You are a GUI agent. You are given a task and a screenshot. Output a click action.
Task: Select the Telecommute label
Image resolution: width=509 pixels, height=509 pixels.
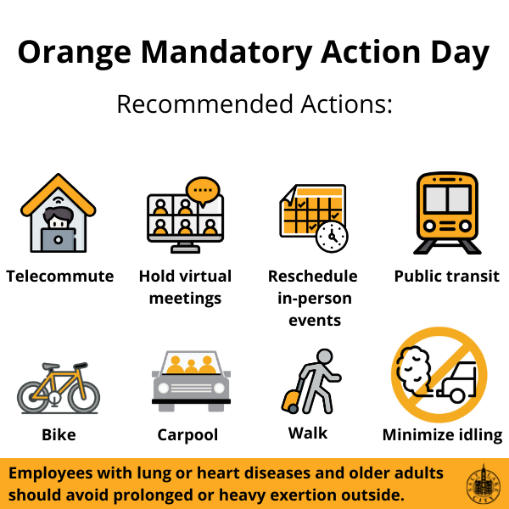(x=60, y=277)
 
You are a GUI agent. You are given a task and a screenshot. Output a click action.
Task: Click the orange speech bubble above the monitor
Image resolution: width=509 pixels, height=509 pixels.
(x=203, y=191)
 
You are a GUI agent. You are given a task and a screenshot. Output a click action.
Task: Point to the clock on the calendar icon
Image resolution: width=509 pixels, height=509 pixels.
(x=332, y=237)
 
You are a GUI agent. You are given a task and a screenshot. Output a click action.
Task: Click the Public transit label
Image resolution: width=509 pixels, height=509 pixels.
(x=447, y=277)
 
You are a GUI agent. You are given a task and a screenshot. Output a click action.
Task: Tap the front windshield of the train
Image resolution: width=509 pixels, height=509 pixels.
(x=447, y=199)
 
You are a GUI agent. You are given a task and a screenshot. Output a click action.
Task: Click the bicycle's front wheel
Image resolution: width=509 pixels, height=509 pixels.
(x=83, y=397)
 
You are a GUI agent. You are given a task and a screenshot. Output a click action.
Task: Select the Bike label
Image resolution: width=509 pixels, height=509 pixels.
(x=59, y=434)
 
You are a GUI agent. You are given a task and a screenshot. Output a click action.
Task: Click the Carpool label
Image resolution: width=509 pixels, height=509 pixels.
(x=187, y=435)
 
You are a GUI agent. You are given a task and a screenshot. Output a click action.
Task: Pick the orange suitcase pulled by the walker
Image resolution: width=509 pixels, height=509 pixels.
(x=290, y=401)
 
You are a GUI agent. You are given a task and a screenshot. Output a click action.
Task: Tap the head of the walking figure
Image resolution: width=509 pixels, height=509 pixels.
(x=325, y=357)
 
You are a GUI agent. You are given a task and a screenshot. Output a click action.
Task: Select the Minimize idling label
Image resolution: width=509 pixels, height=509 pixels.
(x=443, y=435)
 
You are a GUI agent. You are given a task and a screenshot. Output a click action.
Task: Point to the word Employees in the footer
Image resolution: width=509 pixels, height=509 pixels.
(x=51, y=473)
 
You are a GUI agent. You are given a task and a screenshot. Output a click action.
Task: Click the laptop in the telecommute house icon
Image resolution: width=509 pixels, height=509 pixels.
(x=59, y=240)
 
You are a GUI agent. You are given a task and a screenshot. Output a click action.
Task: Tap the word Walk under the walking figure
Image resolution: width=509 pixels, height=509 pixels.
(x=308, y=433)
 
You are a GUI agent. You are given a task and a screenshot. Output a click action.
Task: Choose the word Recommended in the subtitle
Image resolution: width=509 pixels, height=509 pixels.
(x=204, y=104)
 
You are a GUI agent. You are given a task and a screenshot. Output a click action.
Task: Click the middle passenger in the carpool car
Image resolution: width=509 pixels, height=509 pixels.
(x=191, y=366)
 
